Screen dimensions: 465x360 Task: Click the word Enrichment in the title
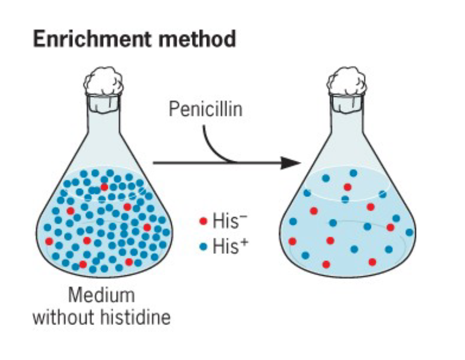(82, 39)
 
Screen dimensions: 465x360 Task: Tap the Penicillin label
(205, 109)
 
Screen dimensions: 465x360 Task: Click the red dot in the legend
(203, 222)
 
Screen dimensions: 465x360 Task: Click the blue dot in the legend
(203, 248)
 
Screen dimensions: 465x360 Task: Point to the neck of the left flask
(102, 118)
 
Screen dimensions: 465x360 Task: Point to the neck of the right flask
(346, 118)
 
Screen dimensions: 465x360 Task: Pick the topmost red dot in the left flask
(104, 187)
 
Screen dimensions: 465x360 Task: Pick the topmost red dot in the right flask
(347, 187)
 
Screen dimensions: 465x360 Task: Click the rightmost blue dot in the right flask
(409, 232)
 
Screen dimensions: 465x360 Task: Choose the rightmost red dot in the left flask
(147, 227)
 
